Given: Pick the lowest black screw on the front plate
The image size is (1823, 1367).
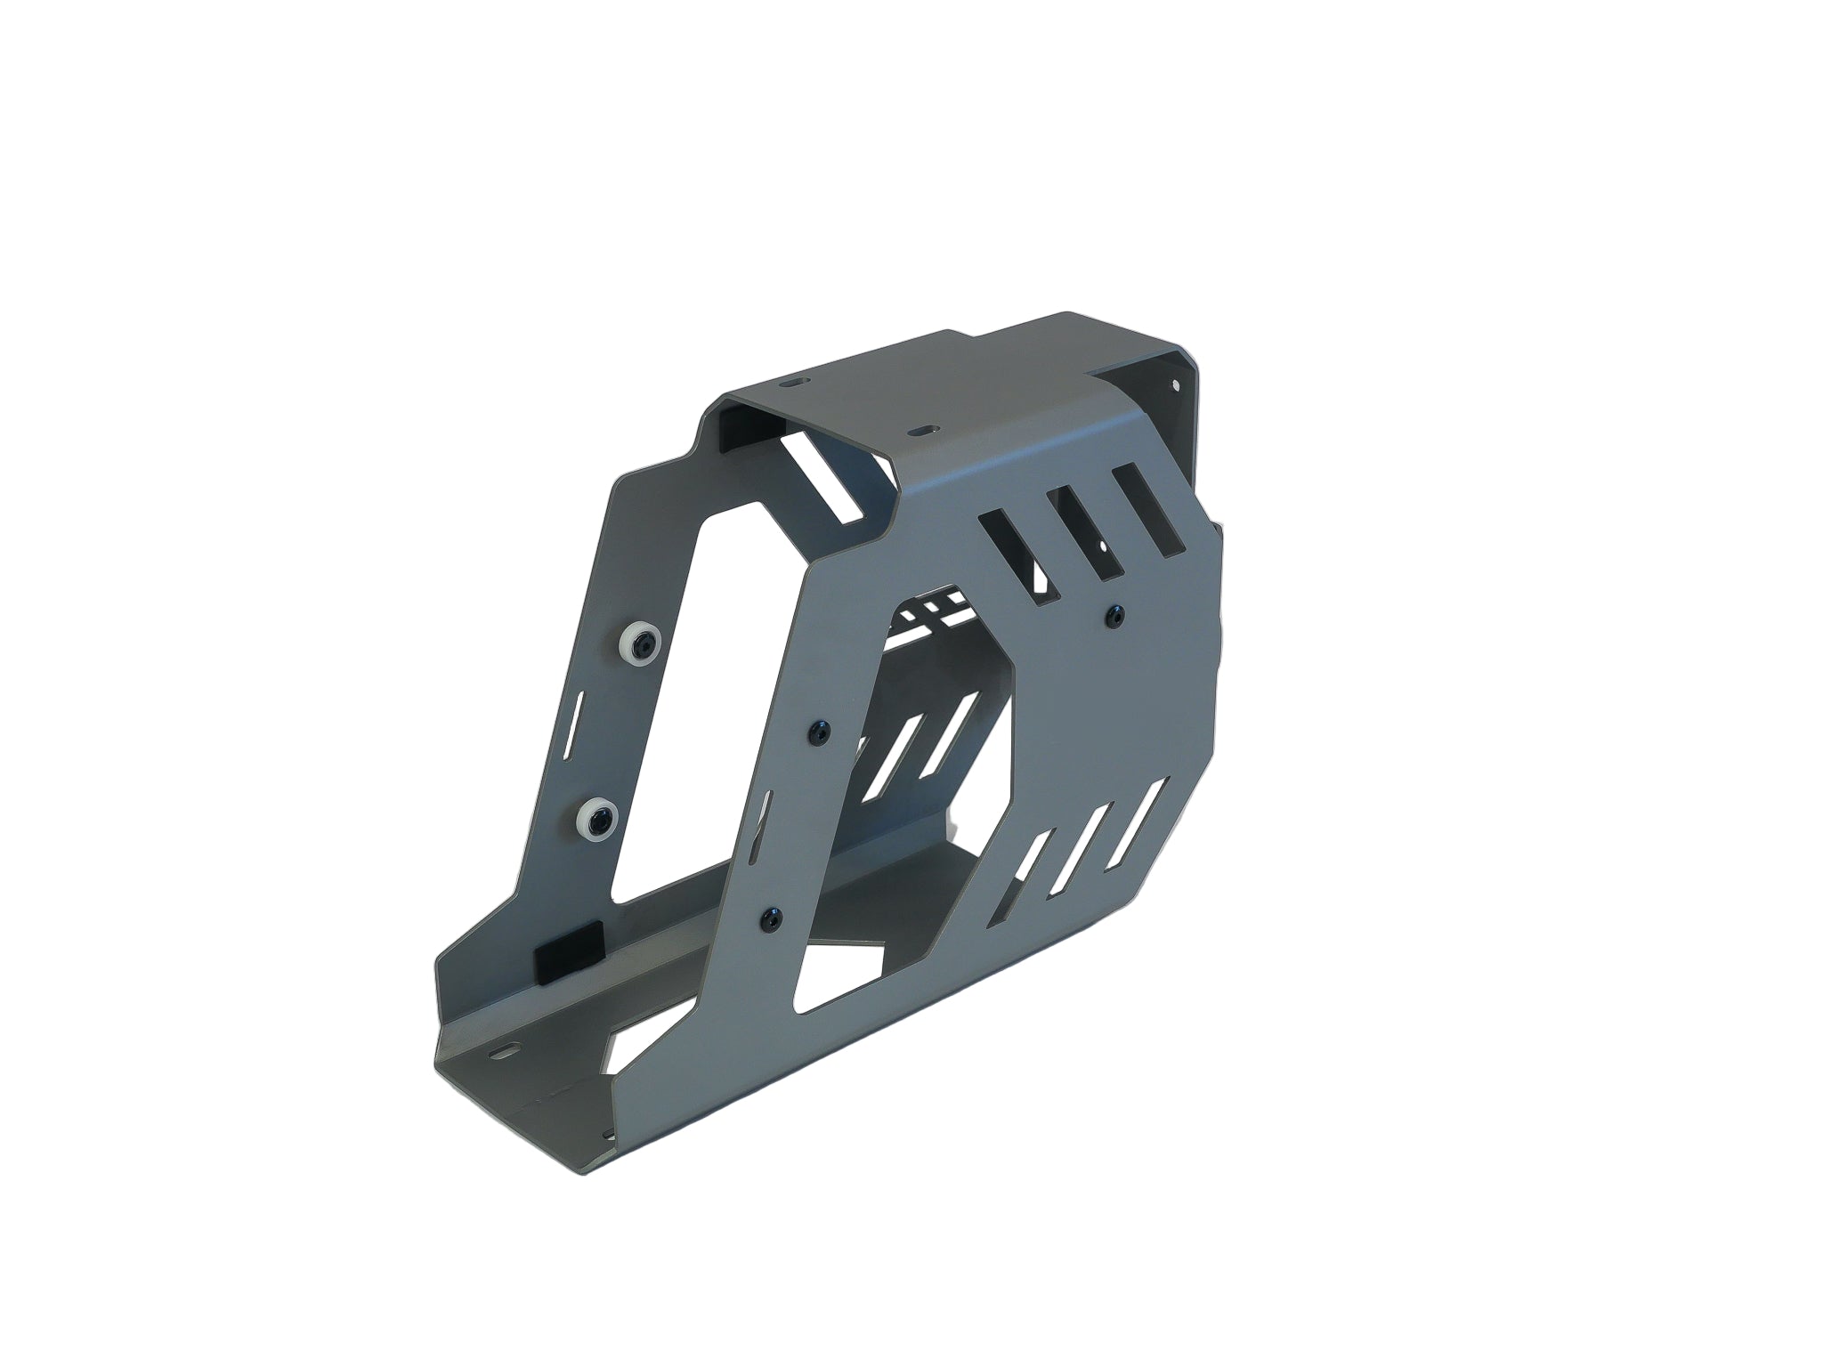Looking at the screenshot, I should coord(771,915).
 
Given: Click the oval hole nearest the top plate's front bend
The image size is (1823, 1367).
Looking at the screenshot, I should coord(918,430).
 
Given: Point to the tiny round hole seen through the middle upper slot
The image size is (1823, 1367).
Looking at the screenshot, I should coord(1104,545).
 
